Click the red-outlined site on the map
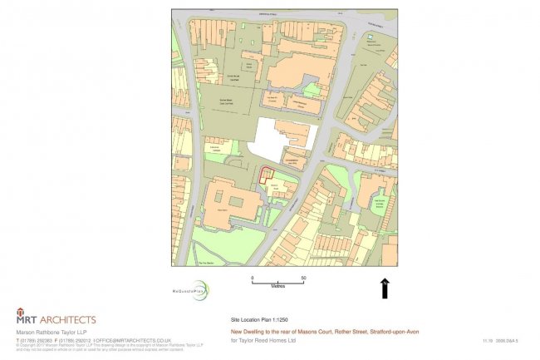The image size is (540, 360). pyautogui.click(x=266, y=175)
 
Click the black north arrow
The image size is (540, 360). pyautogui.click(x=385, y=288)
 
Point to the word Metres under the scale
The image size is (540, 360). pyautogui.click(x=277, y=286)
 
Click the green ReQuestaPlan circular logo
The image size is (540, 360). pyautogui.click(x=199, y=291)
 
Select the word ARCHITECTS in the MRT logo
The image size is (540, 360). pyautogui.click(x=64, y=319)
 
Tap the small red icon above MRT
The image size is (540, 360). pyautogui.click(x=21, y=312)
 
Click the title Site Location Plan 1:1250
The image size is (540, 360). pyautogui.click(x=259, y=319)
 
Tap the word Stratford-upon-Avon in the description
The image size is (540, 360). pyautogui.click(x=395, y=332)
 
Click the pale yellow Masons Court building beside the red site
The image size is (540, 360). pyautogui.click(x=278, y=190)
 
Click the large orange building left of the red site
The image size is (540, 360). pyautogui.click(x=224, y=200)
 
